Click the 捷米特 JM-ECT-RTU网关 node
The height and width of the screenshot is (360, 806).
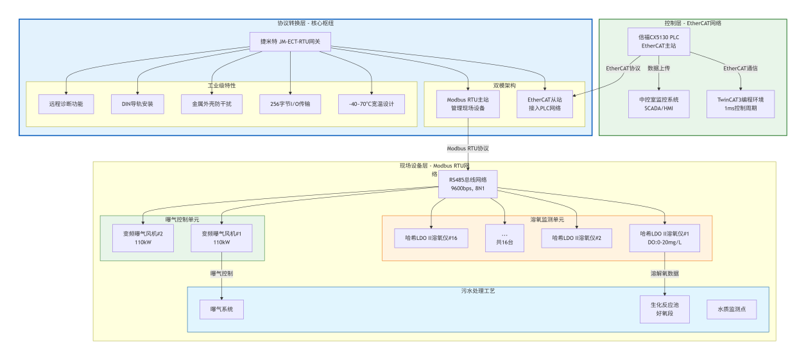pyautogui.click(x=290, y=42)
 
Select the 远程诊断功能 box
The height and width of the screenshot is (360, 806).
pyautogui.click(x=66, y=104)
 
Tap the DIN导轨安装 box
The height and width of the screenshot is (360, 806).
pyautogui.click(x=137, y=104)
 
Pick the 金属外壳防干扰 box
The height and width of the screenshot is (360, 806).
pyautogui.click(x=212, y=104)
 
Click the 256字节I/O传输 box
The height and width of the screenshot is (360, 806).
pyautogui.click(x=291, y=104)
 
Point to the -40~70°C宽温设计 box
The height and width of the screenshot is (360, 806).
pyautogui.click(x=372, y=104)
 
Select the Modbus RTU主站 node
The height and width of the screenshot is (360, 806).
pyautogui.click(x=467, y=104)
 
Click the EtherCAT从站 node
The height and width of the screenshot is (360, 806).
pyautogui.click(x=545, y=104)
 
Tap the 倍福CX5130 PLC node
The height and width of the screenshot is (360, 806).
pyautogui.click(x=658, y=42)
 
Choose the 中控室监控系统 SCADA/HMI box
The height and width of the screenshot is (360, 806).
pyautogui.click(x=658, y=104)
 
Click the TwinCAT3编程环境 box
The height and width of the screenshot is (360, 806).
pyautogui.click(x=741, y=104)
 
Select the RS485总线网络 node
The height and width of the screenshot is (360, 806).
pyautogui.click(x=467, y=184)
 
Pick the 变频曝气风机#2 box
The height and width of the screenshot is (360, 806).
pyautogui.click(x=143, y=238)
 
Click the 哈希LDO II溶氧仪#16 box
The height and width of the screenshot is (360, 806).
pyautogui.click(x=431, y=238)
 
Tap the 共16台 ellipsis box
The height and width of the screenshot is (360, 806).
pyautogui.click(x=504, y=238)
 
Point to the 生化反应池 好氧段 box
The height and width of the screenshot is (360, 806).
pyautogui.click(x=664, y=309)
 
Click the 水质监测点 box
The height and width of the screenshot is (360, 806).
pyautogui.click(x=732, y=309)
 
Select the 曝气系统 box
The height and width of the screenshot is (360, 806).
pyautogui.click(x=222, y=309)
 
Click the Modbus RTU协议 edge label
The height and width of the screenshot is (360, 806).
pyautogui.click(x=468, y=148)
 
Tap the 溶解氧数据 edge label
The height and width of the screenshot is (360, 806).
pyautogui.click(x=664, y=273)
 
